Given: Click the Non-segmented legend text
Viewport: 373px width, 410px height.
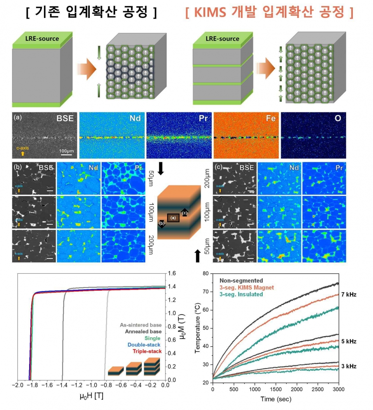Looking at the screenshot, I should click(241, 280).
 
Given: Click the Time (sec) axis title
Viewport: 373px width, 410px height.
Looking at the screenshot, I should click(275, 399).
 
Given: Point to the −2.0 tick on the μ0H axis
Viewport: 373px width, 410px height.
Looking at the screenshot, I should click(17, 385).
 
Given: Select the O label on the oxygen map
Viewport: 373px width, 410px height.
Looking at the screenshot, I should click(338, 118).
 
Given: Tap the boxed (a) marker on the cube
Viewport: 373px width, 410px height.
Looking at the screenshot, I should click(173, 218).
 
